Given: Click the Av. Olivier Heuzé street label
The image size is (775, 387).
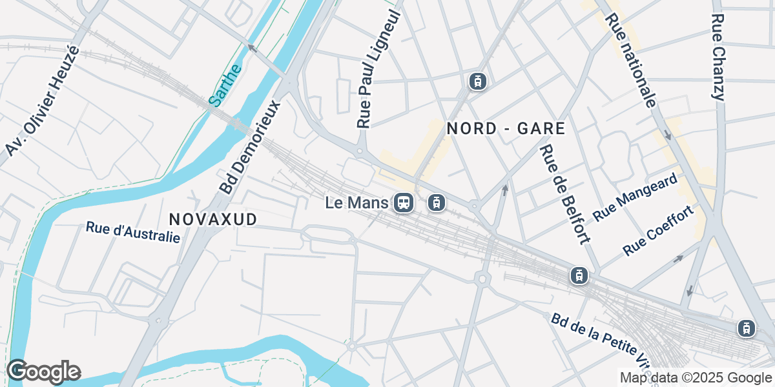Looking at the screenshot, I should [x=42, y=101].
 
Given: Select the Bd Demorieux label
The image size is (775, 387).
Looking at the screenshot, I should [x=251, y=146].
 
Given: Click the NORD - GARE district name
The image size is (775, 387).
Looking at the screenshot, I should [x=506, y=128].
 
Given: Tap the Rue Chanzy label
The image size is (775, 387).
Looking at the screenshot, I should [x=718, y=57].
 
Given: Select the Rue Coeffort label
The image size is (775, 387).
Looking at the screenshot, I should [x=659, y=230].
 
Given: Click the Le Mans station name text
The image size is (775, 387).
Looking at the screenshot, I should [x=357, y=203].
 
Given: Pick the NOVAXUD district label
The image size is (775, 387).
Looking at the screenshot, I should [x=212, y=219].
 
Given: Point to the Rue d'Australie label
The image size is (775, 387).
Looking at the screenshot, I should [x=133, y=232].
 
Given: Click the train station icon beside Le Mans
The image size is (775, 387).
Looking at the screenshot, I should [x=404, y=203].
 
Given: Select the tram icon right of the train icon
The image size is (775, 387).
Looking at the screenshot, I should [x=437, y=203].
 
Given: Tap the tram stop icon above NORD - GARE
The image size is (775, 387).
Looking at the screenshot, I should [x=477, y=81].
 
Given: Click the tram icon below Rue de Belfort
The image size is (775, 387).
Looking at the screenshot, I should [x=579, y=276].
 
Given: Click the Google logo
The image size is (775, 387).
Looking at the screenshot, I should [x=43, y=372].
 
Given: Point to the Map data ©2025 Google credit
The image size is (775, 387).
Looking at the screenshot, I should [x=696, y=377].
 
